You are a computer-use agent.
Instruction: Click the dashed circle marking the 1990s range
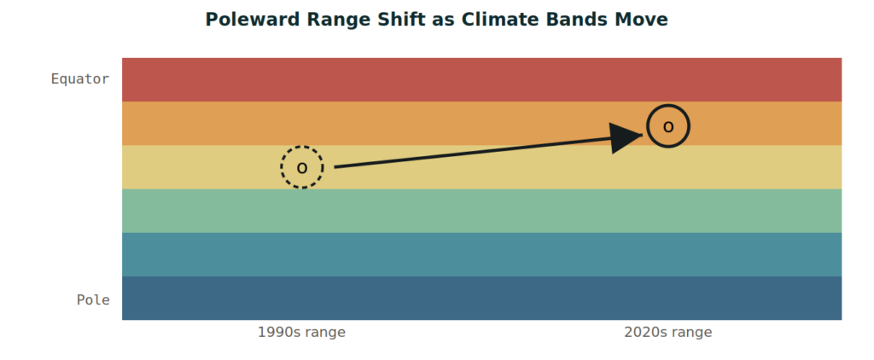pos(301,147)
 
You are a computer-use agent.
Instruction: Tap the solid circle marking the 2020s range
pos(668,105)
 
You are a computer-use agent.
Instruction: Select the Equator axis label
pos(80,79)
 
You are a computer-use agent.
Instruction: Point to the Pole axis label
pos(93,299)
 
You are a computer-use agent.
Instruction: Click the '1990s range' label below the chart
pos(301,333)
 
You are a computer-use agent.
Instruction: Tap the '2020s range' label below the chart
pos(668,333)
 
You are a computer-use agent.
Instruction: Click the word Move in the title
pos(638,20)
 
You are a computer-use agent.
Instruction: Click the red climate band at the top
pos(481,79)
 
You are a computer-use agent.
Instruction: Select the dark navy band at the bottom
pos(481,298)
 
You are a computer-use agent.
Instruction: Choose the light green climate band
pos(481,211)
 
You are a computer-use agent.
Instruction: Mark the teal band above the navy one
pos(481,255)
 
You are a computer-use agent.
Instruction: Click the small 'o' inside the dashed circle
pos(301,168)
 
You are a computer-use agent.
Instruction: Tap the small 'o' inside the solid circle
pos(668,127)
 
